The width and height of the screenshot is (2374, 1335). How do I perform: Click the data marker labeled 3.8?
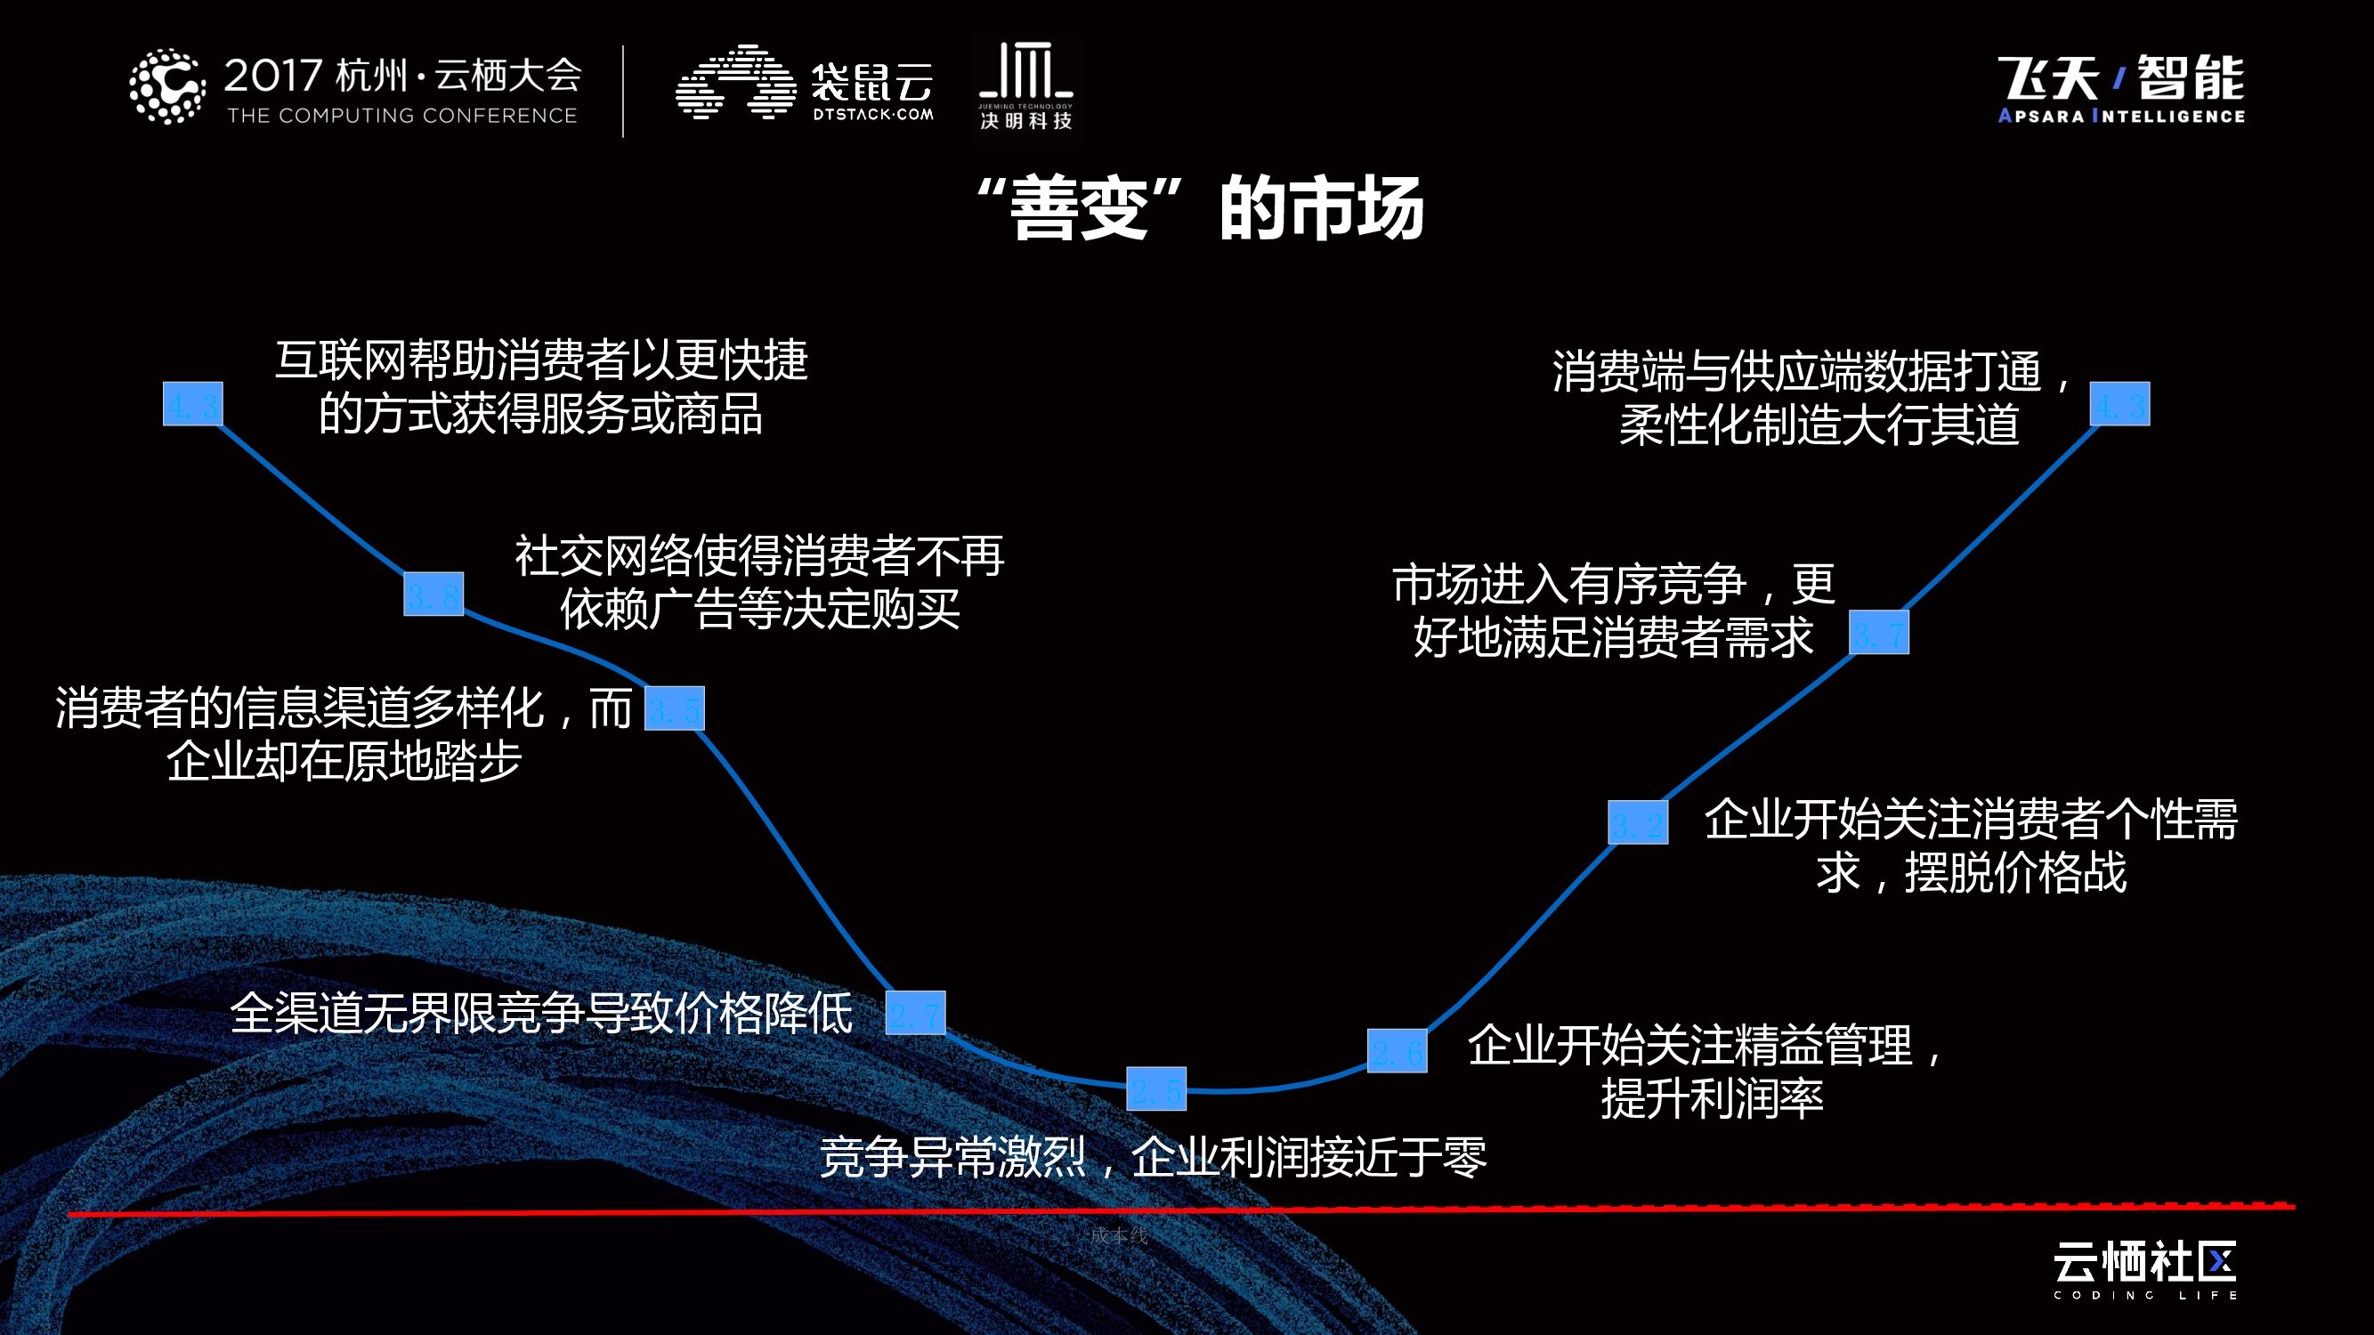point(433,595)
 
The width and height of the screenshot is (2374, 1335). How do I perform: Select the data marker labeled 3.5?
point(674,708)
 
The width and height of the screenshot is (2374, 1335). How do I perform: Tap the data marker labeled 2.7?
point(915,1013)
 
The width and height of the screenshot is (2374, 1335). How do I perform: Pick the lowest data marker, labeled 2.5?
point(1155,1089)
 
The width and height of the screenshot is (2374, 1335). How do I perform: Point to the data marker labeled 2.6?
point(1397,1051)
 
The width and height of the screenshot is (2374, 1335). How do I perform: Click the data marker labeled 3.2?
point(1638,822)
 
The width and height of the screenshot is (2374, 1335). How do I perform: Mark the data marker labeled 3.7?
point(1879,633)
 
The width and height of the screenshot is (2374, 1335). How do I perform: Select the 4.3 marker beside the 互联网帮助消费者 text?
point(192,404)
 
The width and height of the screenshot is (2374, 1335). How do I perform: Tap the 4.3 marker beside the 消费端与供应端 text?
point(2119,404)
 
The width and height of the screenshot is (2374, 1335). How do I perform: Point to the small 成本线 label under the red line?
point(1119,1235)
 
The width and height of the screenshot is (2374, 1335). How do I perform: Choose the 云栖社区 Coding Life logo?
point(2144,1271)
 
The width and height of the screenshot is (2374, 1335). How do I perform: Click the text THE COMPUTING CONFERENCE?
point(401,116)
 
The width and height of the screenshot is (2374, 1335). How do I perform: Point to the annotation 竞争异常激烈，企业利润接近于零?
point(1152,1158)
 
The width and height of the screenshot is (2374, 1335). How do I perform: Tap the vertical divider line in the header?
point(624,90)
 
